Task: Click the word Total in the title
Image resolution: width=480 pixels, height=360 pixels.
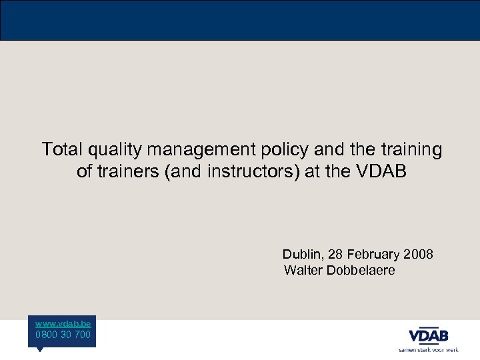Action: [x=59, y=149]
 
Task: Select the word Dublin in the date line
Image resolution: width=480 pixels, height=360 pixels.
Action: [x=300, y=254]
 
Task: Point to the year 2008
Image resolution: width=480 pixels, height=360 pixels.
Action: [x=419, y=254]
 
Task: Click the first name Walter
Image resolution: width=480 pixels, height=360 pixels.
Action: [x=303, y=270]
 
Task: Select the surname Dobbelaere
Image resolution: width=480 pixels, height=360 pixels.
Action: [x=361, y=270]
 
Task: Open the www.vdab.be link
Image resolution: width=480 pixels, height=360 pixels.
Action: [x=63, y=323]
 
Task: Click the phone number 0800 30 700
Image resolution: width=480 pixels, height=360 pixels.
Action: [x=63, y=334]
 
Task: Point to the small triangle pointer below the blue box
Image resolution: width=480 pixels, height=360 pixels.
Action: [x=39, y=349]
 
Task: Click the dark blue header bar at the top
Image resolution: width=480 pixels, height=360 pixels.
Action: [x=240, y=20]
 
